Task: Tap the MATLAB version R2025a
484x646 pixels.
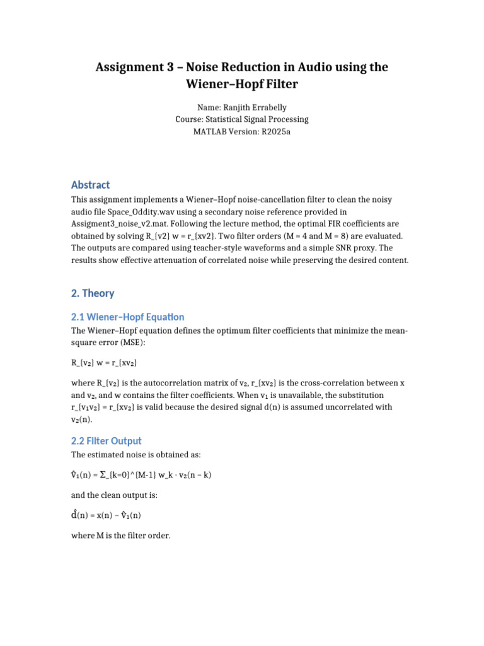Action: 275,131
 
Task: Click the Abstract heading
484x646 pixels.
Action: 91,185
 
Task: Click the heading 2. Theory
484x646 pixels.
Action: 93,293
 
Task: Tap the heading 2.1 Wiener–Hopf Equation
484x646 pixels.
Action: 127,317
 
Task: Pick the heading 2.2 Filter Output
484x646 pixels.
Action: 107,440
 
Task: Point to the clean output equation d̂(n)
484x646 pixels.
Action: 106,515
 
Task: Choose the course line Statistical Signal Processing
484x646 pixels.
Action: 242,119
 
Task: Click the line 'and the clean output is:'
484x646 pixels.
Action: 114,495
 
